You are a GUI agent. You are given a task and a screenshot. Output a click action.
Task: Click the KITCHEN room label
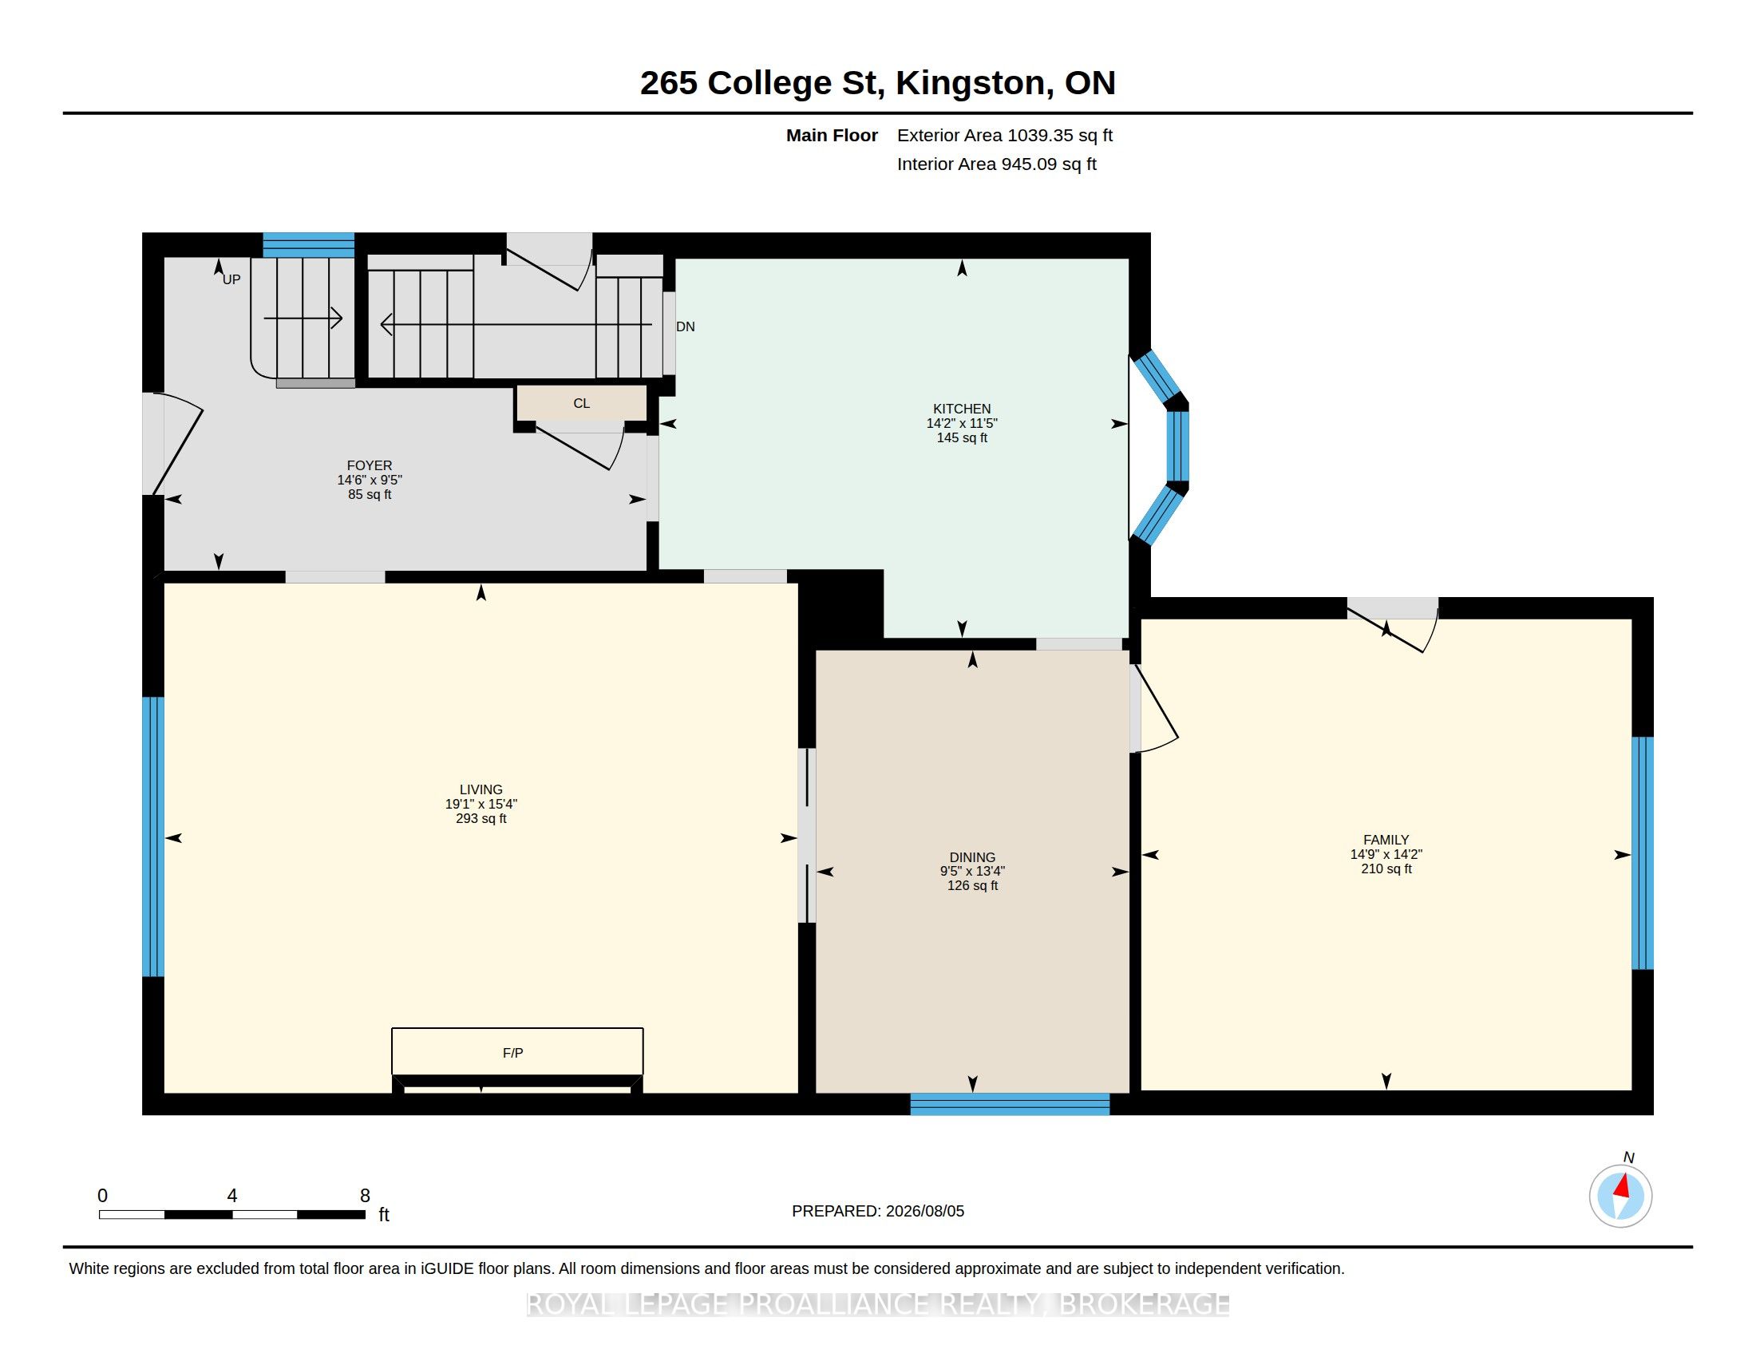[962, 409]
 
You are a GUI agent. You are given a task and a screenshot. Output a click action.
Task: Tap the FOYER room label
[369, 465]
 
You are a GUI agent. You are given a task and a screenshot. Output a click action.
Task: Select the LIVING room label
[481, 789]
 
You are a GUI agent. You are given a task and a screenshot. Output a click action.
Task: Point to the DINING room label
[972, 857]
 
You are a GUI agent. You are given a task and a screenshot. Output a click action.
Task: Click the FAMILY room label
[1386, 840]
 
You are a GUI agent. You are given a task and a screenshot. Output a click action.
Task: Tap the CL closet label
[581, 404]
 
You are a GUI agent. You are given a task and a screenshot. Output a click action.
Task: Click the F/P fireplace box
[517, 1050]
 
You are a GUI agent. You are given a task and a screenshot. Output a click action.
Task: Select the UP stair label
[231, 279]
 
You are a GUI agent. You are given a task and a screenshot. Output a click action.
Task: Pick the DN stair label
[685, 326]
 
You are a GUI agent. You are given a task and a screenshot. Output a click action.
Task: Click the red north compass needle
[1624, 1185]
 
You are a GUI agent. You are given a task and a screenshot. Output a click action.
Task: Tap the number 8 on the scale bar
[365, 1196]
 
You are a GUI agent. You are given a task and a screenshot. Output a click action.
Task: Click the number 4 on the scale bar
[232, 1196]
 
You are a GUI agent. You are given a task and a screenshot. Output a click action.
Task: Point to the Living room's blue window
[152, 836]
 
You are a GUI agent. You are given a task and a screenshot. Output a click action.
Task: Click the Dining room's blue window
[1010, 1104]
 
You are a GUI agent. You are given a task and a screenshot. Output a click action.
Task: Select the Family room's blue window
[1643, 853]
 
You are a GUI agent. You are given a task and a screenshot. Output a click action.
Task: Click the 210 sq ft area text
[1386, 869]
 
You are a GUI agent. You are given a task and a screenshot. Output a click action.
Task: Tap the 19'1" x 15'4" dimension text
[481, 804]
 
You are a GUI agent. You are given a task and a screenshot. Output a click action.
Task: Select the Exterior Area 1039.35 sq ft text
[1005, 135]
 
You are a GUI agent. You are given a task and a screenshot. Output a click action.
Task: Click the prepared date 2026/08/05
[925, 1211]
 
